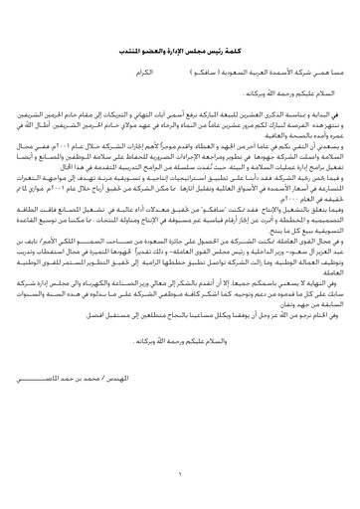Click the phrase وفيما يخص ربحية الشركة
pos(310,174)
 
